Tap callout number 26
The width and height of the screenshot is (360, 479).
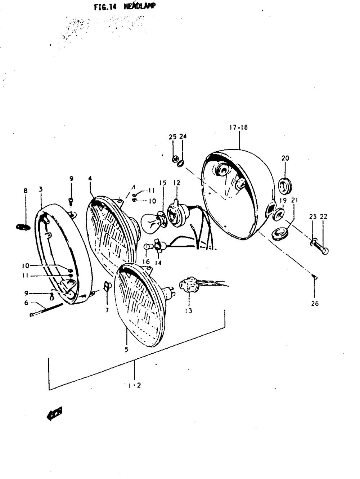click(315, 304)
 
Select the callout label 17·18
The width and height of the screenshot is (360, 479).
click(238, 127)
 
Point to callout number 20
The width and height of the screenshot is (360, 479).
click(285, 158)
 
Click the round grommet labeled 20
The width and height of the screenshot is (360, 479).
click(285, 184)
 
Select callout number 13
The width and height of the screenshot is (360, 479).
click(189, 310)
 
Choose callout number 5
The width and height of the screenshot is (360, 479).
click(126, 349)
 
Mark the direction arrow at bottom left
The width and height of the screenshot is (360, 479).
click(54, 413)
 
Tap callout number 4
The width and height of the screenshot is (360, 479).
click(90, 178)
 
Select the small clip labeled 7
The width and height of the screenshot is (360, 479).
click(107, 287)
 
